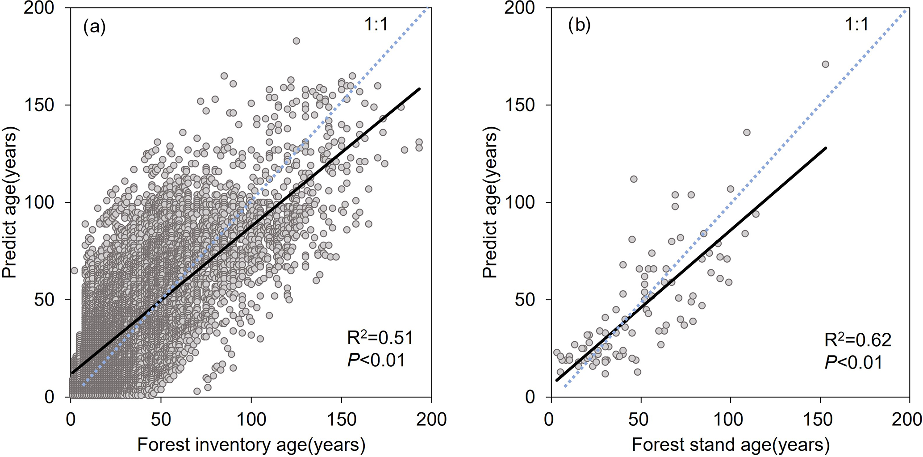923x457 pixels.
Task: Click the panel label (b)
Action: [x=579, y=25]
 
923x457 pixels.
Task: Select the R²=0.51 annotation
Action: [x=380, y=338]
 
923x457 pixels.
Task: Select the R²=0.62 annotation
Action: [x=858, y=340]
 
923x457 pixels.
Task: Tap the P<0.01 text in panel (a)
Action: [x=376, y=360]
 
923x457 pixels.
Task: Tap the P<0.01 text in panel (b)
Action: [x=853, y=362]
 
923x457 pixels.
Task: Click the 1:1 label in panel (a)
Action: [x=376, y=25]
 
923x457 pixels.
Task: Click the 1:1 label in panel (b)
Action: [x=856, y=25]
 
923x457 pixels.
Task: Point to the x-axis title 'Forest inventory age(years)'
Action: [x=251, y=445]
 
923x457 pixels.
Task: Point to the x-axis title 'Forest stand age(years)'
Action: [x=731, y=445]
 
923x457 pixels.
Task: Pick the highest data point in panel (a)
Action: [x=296, y=41]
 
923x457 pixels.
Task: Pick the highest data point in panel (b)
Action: [x=825, y=64]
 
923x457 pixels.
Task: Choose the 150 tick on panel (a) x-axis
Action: [x=342, y=419]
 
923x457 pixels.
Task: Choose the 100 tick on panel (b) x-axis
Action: [x=731, y=419]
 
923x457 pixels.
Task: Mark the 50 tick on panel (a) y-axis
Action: [x=44, y=300]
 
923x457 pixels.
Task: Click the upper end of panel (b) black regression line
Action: [x=826, y=148]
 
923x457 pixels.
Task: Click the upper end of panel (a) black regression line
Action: [x=420, y=89]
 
